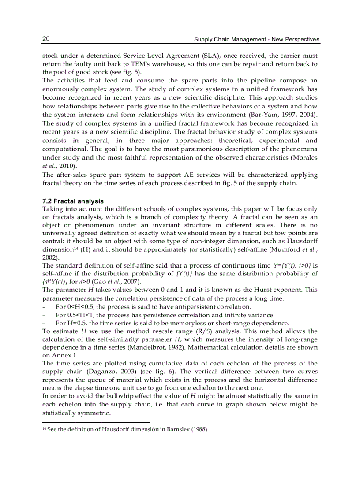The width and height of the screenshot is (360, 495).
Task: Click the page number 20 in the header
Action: (46, 39)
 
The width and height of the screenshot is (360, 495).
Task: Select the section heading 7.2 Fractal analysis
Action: (73, 201)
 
